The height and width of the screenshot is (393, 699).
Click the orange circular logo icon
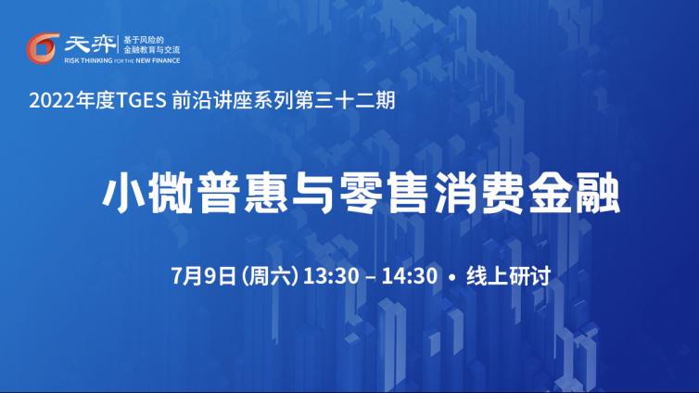(x=43, y=47)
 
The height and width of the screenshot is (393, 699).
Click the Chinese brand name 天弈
(x=90, y=44)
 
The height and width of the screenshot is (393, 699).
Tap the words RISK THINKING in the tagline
(x=88, y=60)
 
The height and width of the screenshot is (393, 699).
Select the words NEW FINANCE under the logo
(x=158, y=60)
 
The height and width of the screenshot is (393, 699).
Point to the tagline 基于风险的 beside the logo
(x=144, y=40)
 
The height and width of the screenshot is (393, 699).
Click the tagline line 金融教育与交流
(x=152, y=50)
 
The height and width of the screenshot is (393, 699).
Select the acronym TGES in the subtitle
(x=141, y=100)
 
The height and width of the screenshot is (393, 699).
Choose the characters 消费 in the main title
(x=479, y=194)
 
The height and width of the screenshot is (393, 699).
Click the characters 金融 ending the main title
(x=575, y=194)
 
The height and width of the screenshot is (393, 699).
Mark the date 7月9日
(x=203, y=276)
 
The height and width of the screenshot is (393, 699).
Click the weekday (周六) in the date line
(x=270, y=276)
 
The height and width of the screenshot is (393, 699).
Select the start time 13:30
(x=331, y=276)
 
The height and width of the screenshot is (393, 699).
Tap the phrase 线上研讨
(x=509, y=276)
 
